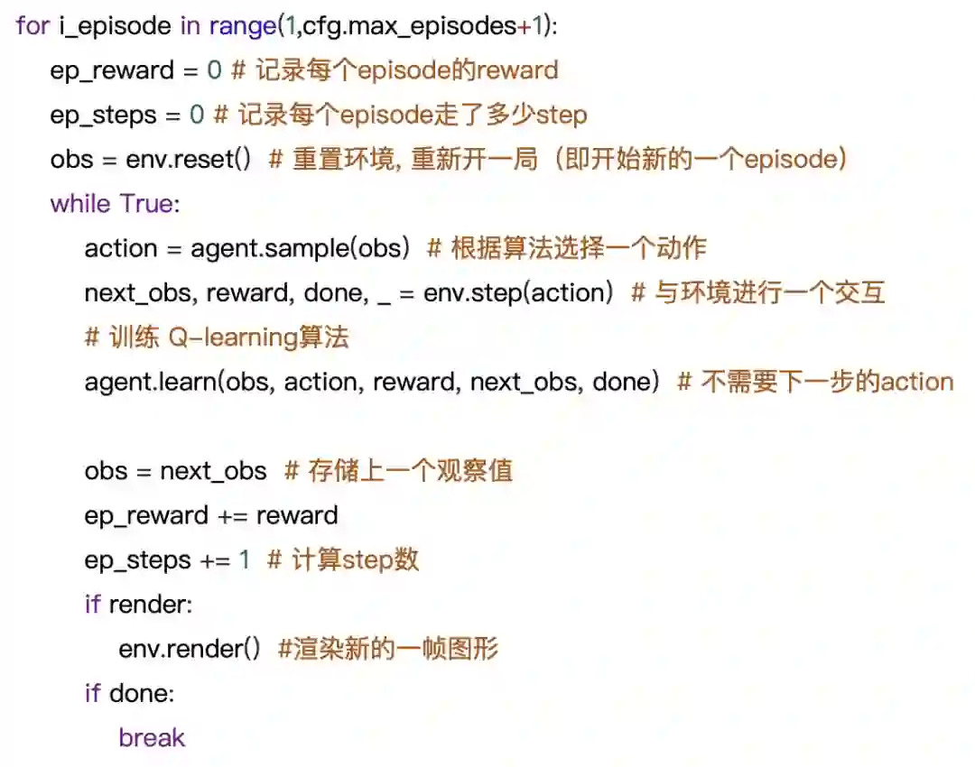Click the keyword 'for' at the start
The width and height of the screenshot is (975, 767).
point(32,26)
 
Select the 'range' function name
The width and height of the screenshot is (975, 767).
point(241,26)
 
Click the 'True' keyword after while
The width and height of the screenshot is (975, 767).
point(148,203)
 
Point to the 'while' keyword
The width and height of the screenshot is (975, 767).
point(81,203)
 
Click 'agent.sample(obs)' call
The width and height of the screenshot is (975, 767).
point(296,248)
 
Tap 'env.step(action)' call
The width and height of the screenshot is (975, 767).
point(518,292)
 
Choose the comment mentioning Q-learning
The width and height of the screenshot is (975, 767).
point(217,337)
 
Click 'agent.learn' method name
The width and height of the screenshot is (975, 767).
point(150,382)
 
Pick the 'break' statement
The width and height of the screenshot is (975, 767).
point(152,738)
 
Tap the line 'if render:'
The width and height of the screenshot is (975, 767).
point(138,605)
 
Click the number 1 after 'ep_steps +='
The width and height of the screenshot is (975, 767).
point(244,559)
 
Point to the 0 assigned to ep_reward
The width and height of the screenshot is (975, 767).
point(212,70)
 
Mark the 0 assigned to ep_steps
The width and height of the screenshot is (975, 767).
point(197,115)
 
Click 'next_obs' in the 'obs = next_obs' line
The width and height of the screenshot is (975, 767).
point(213,471)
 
